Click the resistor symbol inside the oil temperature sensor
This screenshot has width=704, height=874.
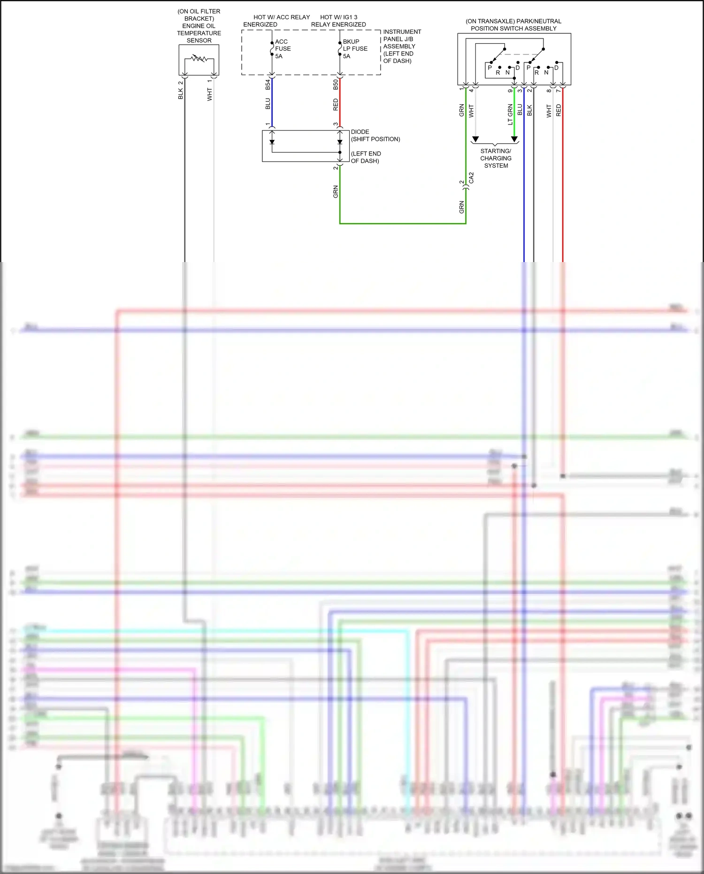coord(199,59)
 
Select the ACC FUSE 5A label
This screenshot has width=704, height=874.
coord(283,49)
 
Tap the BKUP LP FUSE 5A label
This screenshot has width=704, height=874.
coord(355,49)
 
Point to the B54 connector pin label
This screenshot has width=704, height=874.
coord(268,85)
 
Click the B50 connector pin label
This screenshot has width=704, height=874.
coord(336,85)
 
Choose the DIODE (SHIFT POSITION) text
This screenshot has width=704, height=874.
coord(375,135)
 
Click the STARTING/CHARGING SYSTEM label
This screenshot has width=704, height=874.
coord(496,158)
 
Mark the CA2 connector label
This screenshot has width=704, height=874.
coord(471,178)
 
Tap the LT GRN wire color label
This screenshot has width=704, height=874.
coord(510,115)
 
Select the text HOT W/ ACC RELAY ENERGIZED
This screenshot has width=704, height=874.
coord(276,21)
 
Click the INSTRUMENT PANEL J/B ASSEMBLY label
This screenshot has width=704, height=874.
coord(402,46)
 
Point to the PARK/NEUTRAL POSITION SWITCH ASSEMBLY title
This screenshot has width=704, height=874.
coord(513,25)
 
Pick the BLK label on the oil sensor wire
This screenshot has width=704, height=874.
coord(181,93)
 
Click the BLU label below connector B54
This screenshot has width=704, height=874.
coord(268,104)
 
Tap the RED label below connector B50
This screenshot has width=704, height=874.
coord(336,104)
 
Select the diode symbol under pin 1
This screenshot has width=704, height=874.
coord(272,142)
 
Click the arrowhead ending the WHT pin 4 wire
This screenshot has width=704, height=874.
coord(475,139)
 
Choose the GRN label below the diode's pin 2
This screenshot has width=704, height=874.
coord(336,192)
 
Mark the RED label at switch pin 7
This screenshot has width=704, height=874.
coord(559,110)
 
